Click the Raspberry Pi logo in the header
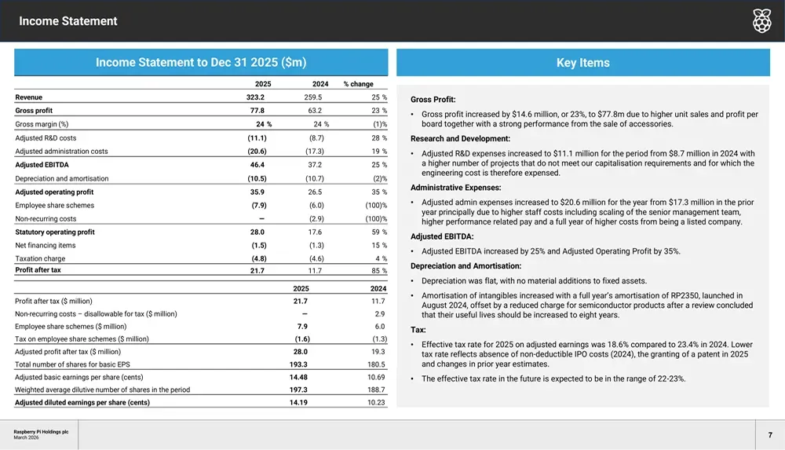762,20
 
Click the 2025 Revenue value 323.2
255,97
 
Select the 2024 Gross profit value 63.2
315,110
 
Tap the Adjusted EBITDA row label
42,164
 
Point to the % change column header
359,84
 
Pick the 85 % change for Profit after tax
379,271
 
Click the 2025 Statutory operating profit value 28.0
257,232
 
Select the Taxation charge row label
40,258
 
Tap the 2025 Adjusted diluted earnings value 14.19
298,402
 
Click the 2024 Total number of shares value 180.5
377,364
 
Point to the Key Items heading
583,63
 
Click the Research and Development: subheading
461,138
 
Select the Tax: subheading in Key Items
418,330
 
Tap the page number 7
770,435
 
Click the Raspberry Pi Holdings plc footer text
41,431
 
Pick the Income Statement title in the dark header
68,21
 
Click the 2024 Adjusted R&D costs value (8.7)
316,137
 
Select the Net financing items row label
45,245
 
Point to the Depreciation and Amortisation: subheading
466,266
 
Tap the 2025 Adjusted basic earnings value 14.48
298,377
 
